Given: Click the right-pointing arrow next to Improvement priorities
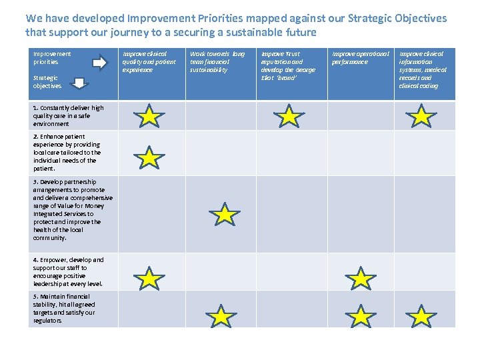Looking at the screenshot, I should pos(99,63).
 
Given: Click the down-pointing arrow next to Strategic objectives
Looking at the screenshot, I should pos(79,83).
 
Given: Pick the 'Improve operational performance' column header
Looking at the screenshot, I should pos(360,58).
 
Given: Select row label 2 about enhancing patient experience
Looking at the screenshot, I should pos(67,153).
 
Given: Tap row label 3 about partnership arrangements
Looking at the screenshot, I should pos(73,209).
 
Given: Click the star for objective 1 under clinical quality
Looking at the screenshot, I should pos(150,117).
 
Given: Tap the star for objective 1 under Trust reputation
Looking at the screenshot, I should pos(289,117).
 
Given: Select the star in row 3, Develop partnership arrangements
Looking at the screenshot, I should pos(225,214).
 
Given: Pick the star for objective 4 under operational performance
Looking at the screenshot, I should pos(361,279).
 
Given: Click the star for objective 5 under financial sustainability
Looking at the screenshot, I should pos(220,315).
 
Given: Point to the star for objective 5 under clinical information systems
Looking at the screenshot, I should pos(421,315).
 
